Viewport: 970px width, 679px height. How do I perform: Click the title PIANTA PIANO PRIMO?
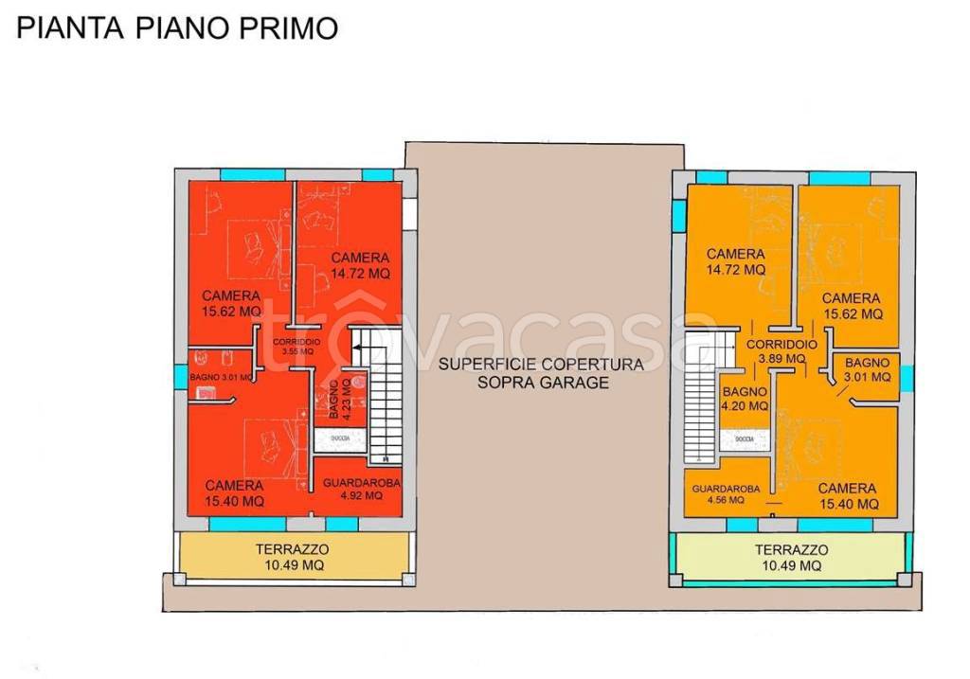[177, 28]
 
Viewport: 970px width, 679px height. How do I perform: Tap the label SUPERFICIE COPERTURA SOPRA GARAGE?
[542, 373]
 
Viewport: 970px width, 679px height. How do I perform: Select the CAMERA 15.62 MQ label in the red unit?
[231, 303]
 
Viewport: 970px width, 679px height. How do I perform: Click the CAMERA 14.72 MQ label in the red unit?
[360, 265]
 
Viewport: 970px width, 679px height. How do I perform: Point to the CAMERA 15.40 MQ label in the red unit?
[234, 493]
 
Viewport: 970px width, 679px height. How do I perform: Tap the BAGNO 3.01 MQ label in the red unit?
[221, 378]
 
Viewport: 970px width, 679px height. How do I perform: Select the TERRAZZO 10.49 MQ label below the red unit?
[292, 557]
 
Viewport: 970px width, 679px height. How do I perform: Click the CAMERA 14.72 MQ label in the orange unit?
[735, 261]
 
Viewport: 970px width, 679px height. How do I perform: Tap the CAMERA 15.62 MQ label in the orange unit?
[852, 306]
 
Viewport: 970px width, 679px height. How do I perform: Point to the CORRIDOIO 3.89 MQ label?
[781, 351]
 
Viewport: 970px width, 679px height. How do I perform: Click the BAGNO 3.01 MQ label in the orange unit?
[867, 369]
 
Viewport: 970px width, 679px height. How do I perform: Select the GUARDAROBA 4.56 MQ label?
[726, 494]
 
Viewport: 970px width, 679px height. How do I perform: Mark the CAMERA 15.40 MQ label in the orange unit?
[847, 495]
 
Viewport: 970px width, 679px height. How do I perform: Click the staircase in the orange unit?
[699, 398]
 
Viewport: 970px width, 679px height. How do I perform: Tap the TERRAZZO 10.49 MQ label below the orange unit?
[791, 557]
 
